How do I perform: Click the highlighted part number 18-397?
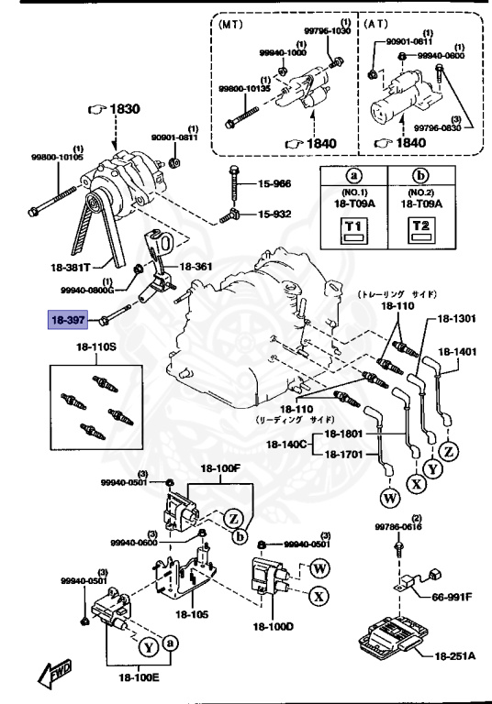point(69,320)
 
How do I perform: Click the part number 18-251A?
point(456,656)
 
